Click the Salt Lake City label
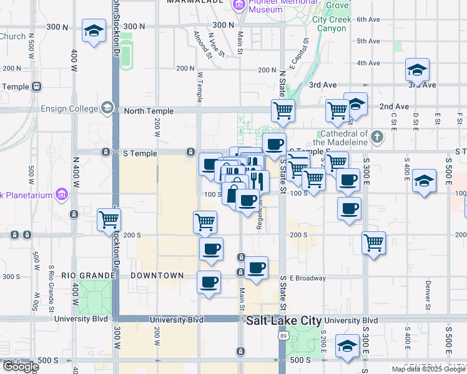tap(283, 321)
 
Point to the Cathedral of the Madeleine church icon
tap(376, 137)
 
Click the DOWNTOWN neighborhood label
tap(157, 276)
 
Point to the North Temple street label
tap(149, 111)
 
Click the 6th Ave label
tap(368, 19)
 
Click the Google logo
tap(20, 367)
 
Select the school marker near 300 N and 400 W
tap(94, 31)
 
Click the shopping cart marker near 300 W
tap(109, 219)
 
